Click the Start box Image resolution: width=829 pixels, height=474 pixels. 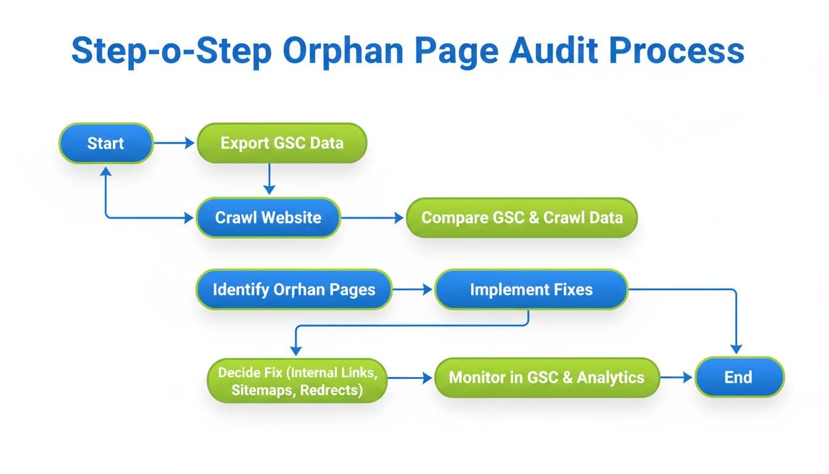click(x=105, y=143)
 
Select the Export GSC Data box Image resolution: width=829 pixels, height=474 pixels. click(x=281, y=143)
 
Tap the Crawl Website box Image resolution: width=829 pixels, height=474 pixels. click(x=268, y=217)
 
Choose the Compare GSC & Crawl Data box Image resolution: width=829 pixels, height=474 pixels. click(x=521, y=217)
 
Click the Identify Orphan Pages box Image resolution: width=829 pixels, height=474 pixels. click(x=294, y=289)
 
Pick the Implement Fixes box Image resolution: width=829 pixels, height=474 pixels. click(x=530, y=289)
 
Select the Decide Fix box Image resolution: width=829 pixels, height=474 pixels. click(x=297, y=381)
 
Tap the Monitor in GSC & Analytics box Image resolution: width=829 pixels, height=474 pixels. click(x=546, y=377)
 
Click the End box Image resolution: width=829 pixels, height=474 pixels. click(x=738, y=377)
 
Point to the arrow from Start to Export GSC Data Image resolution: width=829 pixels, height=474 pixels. click(x=174, y=143)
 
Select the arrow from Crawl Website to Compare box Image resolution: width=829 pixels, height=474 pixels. click(x=373, y=217)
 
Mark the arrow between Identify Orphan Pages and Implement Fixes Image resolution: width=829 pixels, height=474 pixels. click(x=413, y=289)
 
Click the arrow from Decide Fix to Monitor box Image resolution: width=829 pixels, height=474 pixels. click(x=411, y=378)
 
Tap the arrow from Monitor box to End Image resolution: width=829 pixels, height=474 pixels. click(x=677, y=377)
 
